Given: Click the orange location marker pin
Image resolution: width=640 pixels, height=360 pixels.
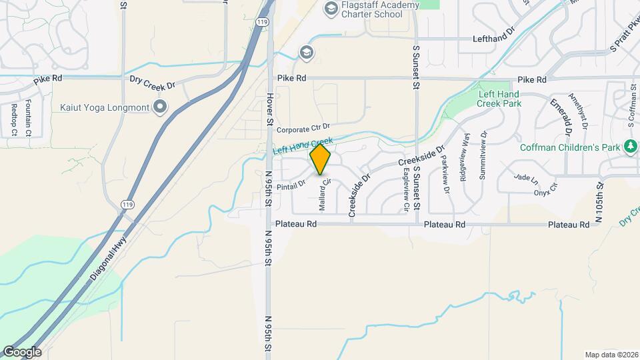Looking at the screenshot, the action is [x=321, y=159].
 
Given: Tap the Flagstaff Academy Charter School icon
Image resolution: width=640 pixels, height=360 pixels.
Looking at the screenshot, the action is [x=329, y=9].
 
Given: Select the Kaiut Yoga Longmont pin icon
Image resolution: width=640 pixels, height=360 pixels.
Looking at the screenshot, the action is [x=160, y=106].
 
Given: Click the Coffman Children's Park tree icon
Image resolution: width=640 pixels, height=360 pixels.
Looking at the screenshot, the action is [x=630, y=146].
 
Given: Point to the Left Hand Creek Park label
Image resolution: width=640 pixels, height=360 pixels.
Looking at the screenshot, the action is [x=499, y=99].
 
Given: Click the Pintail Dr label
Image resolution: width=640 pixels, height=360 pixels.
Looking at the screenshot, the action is [x=290, y=183].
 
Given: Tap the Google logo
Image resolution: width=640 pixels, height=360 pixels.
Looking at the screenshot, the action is [x=21, y=351].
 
